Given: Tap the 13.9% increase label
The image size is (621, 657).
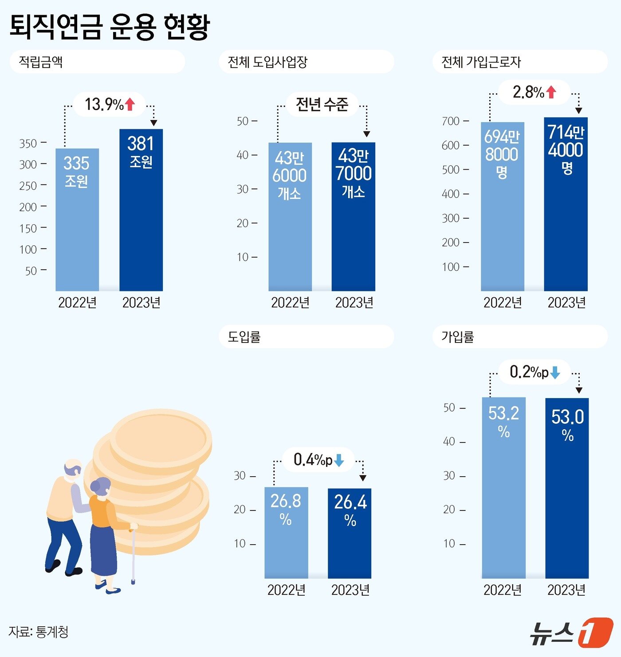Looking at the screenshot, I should [104, 104].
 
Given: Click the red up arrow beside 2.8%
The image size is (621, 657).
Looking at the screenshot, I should [551, 92].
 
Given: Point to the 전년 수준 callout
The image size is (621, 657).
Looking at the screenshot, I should [322, 104].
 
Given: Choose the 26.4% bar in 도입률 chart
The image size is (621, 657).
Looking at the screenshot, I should [350, 533].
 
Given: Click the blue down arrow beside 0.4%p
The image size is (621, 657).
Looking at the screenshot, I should [339, 460].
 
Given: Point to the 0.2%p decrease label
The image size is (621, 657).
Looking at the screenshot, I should [529, 372].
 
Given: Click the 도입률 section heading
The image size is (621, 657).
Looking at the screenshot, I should [244, 337].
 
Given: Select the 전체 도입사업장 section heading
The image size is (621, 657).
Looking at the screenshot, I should [267, 62].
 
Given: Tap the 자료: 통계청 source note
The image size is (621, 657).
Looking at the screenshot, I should [39, 631].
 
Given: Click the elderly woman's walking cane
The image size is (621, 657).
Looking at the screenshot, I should [133, 555].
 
